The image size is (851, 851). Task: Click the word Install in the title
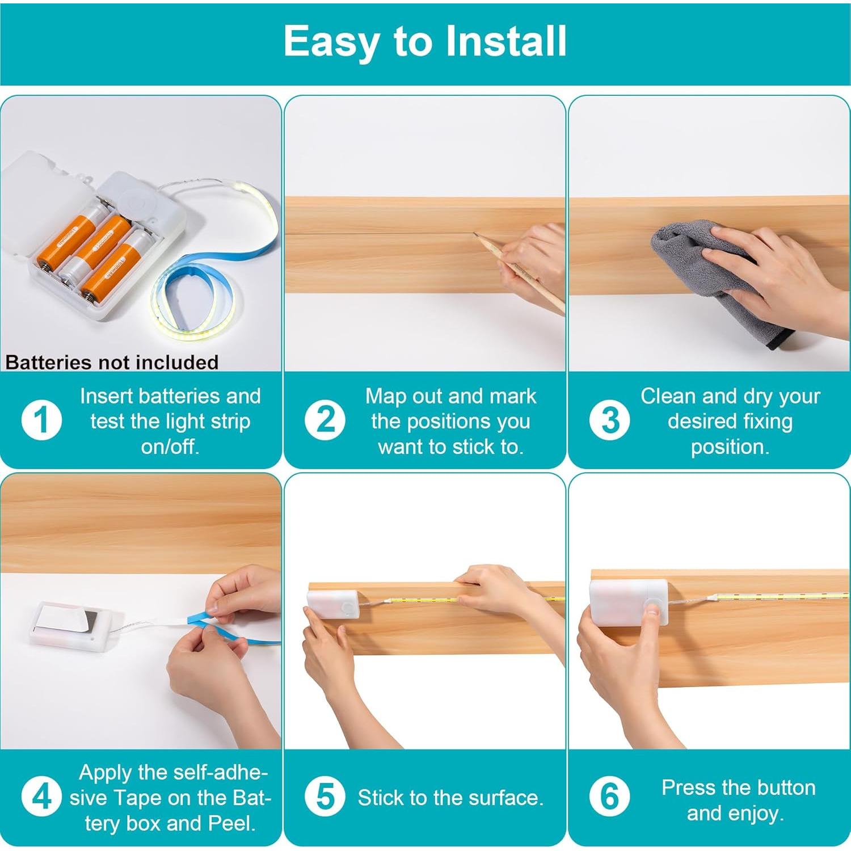tap(506, 41)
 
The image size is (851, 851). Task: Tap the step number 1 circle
tap(41, 420)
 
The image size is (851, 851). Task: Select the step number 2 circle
tap(325, 420)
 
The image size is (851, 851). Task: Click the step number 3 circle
tap(609, 420)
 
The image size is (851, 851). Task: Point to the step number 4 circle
tap(41, 797)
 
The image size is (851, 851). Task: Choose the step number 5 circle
tap(325, 797)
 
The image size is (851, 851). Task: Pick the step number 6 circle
tap(609, 797)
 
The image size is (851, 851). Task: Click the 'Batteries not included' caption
tap(112, 362)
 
